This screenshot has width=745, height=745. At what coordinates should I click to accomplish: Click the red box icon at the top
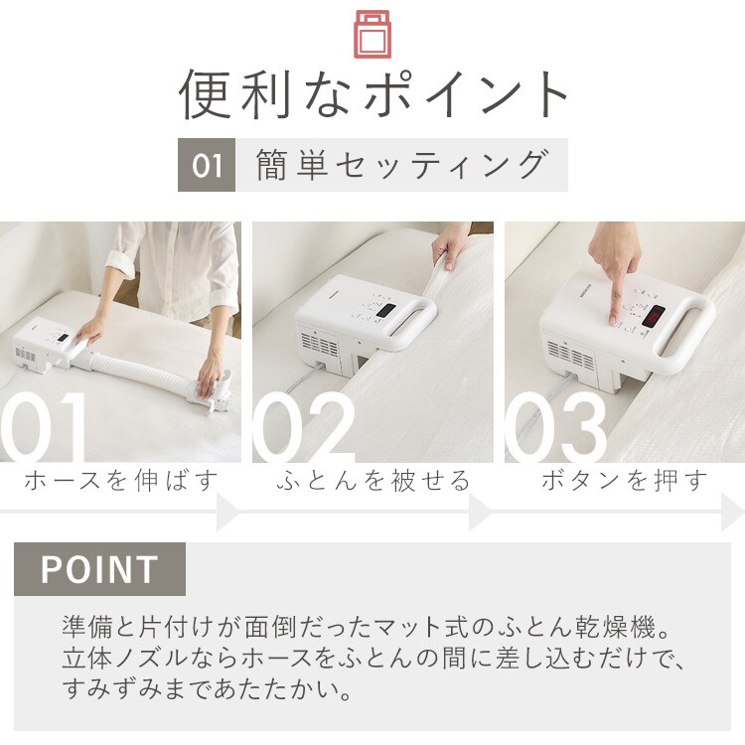click(372, 34)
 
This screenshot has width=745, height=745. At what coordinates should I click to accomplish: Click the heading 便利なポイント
click(372, 94)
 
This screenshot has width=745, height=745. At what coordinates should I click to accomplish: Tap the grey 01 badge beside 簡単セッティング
click(207, 165)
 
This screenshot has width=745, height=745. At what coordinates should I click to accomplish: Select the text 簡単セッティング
click(402, 165)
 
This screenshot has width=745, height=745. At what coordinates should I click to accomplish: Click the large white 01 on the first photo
click(43, 427)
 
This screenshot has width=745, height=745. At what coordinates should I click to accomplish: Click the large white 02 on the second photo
click(304, 427)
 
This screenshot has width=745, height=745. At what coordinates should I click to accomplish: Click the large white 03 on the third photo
click(555, 427)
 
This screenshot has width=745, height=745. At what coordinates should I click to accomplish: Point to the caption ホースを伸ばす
click(121, 481)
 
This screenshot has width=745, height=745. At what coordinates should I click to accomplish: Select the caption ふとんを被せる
click(372, 481)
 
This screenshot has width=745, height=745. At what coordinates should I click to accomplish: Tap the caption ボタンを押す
click(625, 481)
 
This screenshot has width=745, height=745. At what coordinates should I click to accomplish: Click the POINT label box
click(99, 569)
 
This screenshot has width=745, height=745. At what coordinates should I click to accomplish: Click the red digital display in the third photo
click(654, 316)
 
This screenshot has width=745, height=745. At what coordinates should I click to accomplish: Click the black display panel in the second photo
click(385, 311)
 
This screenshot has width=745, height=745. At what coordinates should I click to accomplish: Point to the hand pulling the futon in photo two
click(449, 248)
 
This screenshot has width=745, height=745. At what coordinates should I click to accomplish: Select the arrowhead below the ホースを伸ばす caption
click(228, 513)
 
